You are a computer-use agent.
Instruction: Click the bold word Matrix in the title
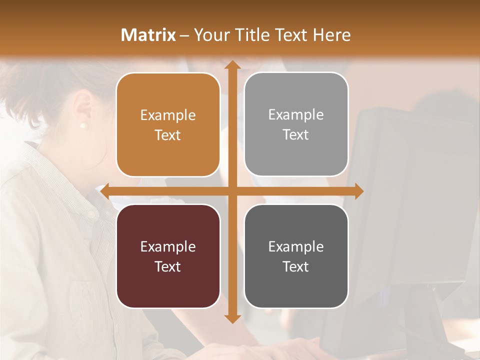coord(148,35)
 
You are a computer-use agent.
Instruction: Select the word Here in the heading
coord(332,35)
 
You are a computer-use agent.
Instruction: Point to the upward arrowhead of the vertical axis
coord(232,65)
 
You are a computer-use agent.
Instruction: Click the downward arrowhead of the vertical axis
coord(232,319)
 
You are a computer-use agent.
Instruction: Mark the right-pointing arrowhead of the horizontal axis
coord(359,191)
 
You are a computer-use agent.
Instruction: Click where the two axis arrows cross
coord(232,191)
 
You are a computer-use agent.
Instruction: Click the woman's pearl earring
coord(83,125)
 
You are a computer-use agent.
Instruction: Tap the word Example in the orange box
coord(168,115)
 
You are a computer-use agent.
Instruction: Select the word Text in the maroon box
coord(168,266)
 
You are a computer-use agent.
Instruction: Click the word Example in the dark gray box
coord(296,246)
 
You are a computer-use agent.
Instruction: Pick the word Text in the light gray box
coord(296,135)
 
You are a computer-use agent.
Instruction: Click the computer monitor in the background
coord(410,200)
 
